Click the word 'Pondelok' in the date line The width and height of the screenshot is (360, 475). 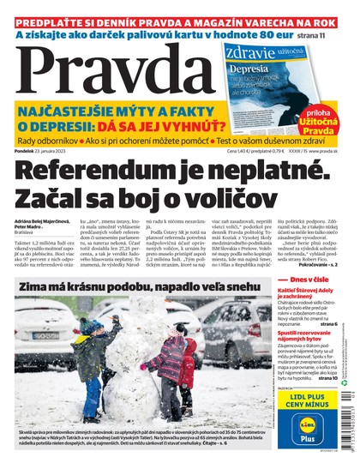coord(28,151)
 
